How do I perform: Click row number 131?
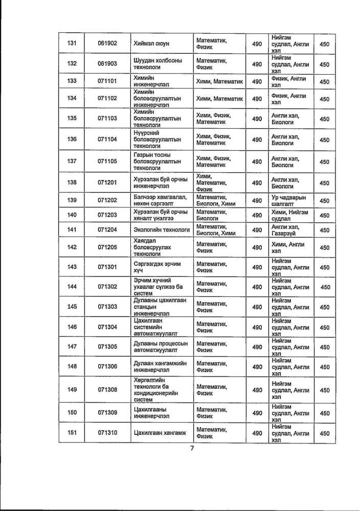coord(72,44)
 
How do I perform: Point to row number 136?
coord(72,138)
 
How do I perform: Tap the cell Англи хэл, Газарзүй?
coord(288,230)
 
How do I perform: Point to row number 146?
coord(72,327)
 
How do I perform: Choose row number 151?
coord(72,433)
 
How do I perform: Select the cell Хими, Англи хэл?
coord(288,247)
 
